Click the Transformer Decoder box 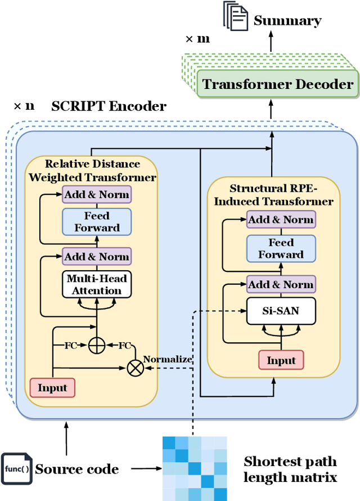click(x=278, y=84)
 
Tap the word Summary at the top click(x=287, y=21)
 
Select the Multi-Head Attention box click(x=97, y=285)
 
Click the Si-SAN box click(x=281, y=310)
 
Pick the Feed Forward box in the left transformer click(x=97, y=222)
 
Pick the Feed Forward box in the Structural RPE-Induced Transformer click(x=281, y=248)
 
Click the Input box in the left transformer click(x=52, y=388)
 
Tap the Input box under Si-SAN click(x=281, y=361)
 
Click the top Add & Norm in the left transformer click(x=97, y=195)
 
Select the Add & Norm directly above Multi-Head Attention click(x=97, y=257)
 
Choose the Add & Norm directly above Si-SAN click(x=281, y=284)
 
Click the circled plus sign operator click(x=97, y=345)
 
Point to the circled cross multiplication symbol click(x=136, y=368)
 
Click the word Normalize click(x=168, y=359)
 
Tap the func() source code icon click(x=17, y=469)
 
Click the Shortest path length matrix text click(x=290, y=469)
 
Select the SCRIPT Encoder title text click(x=109, y=106)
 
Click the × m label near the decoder click(x=197, y=39)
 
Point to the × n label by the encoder click(x=24, y=106)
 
